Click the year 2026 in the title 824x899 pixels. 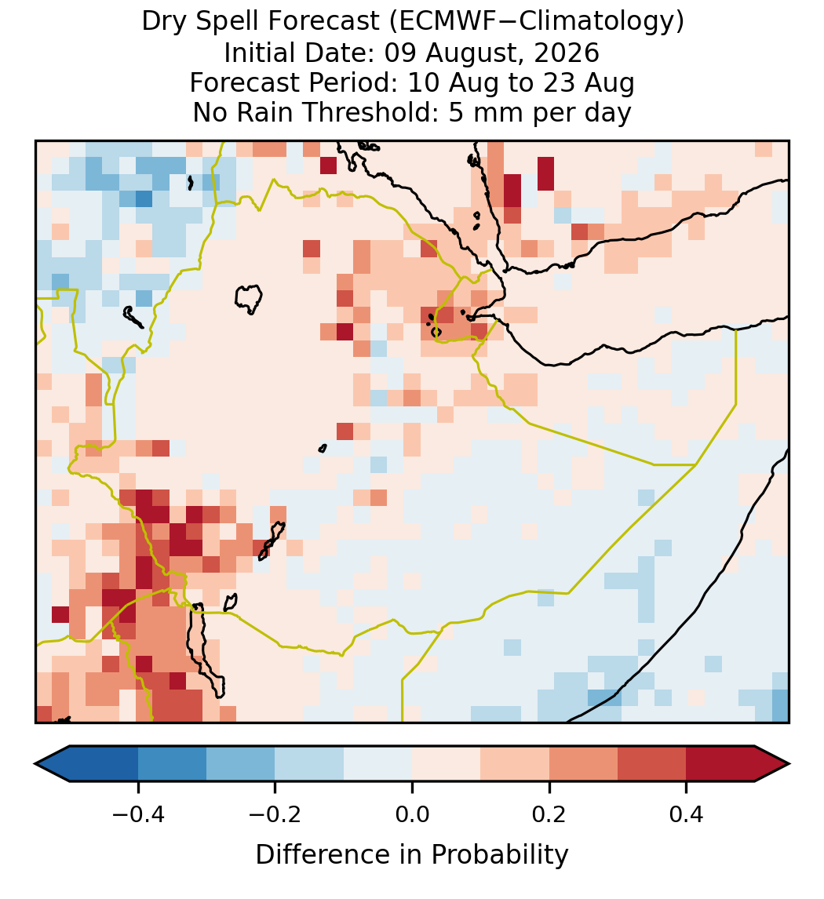567,53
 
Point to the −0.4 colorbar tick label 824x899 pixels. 138,813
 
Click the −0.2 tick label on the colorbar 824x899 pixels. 275,813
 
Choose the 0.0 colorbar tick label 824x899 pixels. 412,813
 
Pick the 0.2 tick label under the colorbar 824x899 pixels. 549,813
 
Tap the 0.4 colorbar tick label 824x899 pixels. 687,813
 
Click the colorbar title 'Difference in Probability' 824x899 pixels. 412,855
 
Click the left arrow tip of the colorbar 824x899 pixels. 35,764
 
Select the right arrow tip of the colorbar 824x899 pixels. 789,764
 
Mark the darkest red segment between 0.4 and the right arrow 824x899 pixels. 720,764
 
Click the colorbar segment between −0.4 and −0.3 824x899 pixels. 172,764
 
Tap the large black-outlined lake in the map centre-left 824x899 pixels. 248,299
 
